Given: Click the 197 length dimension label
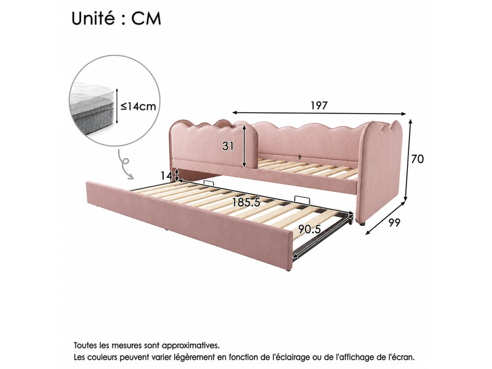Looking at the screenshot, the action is click(319, 105).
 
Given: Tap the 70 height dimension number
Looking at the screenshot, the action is click(418, 159).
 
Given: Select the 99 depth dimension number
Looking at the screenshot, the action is click(394, 223).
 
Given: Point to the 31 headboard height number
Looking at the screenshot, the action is click(228, 146).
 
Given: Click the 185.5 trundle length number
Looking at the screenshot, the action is click(246, 203).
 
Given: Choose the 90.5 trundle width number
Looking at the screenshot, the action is click(309, 229).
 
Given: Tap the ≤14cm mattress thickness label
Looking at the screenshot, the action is click(138, 106).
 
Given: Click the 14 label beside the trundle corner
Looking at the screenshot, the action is click(166, 176).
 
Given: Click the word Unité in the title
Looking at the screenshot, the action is click(93, 18).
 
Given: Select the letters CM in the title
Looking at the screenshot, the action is click(146, 18).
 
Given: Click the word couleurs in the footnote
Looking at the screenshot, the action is click(102, 357).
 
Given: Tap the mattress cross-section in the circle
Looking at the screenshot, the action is click(92, 108).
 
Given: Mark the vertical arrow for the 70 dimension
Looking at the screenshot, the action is click(408, 160).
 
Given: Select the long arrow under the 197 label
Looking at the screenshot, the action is click(319, 113).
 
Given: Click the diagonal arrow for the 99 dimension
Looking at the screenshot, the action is click(386, 218).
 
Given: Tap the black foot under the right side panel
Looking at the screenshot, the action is click(362, 224).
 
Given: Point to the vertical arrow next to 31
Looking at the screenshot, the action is click(244, 146).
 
